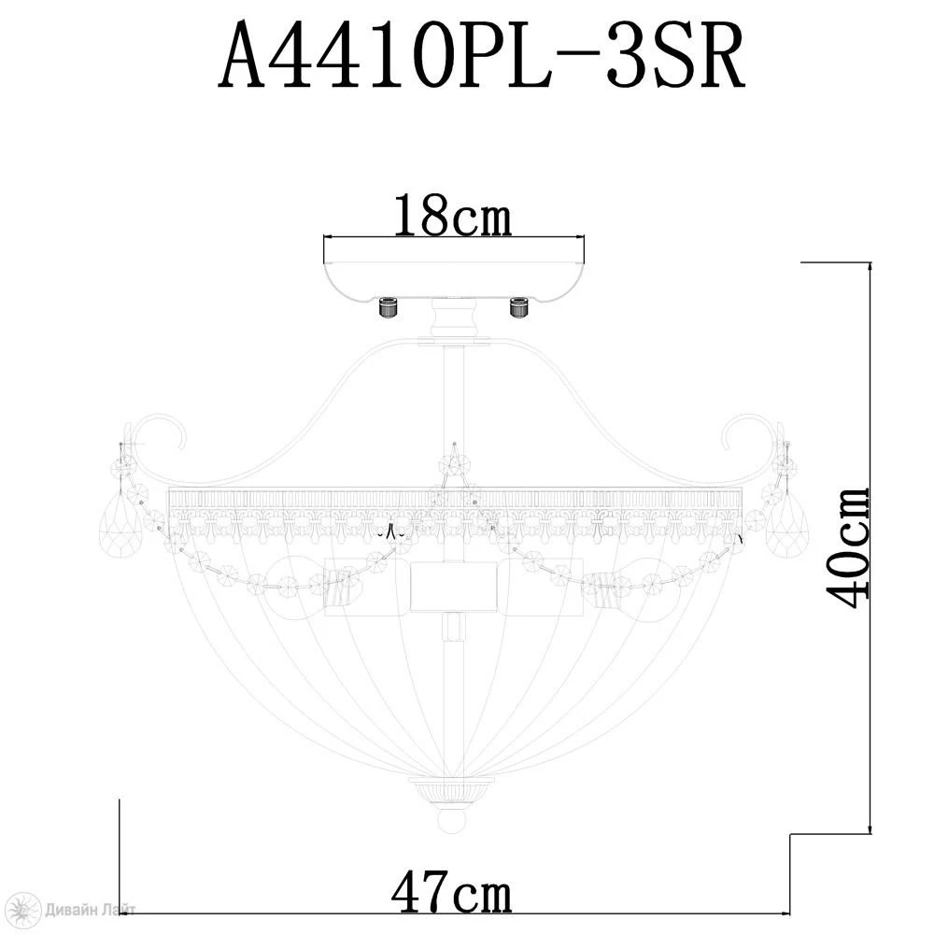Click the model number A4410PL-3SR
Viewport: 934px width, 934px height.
(x=481, y=56)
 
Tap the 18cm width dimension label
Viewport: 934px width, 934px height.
(x=453, y=215)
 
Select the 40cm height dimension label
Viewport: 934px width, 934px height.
(x=847, y=546)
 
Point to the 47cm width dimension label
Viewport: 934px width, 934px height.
(x=451, y=891)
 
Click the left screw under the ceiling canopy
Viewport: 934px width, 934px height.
(x=389, y=307)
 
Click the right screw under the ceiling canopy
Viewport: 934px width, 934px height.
(x=518, y=307)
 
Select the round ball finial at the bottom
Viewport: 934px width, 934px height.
(x=454, y=822)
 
